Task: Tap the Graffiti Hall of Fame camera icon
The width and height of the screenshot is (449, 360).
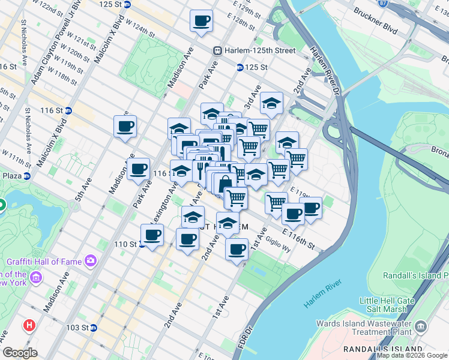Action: click(x=91, y=260)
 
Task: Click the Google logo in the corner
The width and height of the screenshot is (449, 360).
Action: click(x=20, y=353)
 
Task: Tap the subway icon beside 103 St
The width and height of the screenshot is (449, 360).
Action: click(x=94, y=328)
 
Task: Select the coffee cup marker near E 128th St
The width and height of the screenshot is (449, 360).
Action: click(x=201, y=21)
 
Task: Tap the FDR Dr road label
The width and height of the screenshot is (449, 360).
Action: click(x=244, y=338)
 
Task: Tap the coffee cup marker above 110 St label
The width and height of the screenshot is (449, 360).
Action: click(x=152, y=235)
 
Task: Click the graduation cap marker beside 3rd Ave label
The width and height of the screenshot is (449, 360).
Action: click(x=271, y=102)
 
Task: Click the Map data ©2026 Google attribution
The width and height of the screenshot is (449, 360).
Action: click(x=412, y=355)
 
